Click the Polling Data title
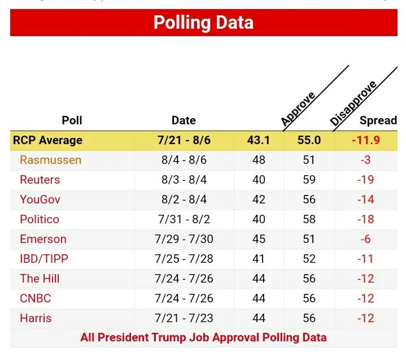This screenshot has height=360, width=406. (x=203, y=23)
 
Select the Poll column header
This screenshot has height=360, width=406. (x=72, y=120)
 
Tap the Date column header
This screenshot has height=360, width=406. (x=184, y=120)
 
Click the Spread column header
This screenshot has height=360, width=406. (x=378, y=120)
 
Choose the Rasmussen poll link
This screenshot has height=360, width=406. (x=50, y=160)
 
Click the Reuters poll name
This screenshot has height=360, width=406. (x=40, y=180)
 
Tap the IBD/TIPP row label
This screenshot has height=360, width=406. (x=44, y=259)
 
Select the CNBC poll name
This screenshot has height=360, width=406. (x=36, y=298)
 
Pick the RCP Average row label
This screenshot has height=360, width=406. (x=49, y=140)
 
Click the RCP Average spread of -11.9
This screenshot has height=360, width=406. (x=366, y=140)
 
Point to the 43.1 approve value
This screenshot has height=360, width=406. (x=259, y=140)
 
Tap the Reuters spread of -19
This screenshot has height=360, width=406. (x=366, y=180)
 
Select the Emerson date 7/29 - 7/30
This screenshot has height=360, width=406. (x=184, y=239)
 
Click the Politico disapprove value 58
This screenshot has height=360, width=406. (x=309, y=219)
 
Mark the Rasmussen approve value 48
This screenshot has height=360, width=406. (x=259, y=160)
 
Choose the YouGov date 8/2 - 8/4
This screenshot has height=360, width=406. (x=184, y=199)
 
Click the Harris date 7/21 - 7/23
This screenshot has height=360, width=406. (x=184, y=318)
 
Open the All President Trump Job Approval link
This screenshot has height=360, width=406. (x=203, y=338)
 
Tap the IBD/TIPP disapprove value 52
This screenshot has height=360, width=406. (x=309, y=259)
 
